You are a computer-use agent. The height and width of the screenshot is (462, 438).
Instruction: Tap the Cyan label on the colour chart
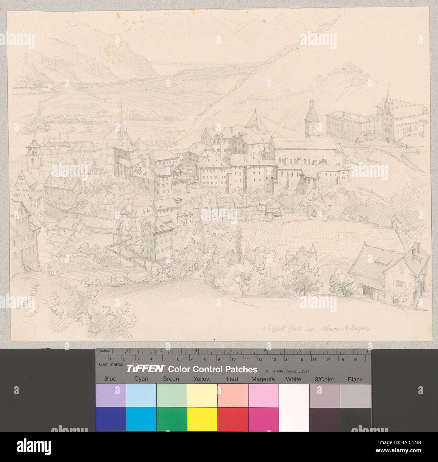[141, 379]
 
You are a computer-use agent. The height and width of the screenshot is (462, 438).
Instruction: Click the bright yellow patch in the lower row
[202, 419]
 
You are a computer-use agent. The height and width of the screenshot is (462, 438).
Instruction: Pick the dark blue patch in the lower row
[111, 419]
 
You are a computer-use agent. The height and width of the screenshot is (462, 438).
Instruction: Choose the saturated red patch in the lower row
[233, 419]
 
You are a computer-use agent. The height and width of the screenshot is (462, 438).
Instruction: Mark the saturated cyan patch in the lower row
[141, 419]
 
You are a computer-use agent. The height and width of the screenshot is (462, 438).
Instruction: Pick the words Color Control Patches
[213, 369]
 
